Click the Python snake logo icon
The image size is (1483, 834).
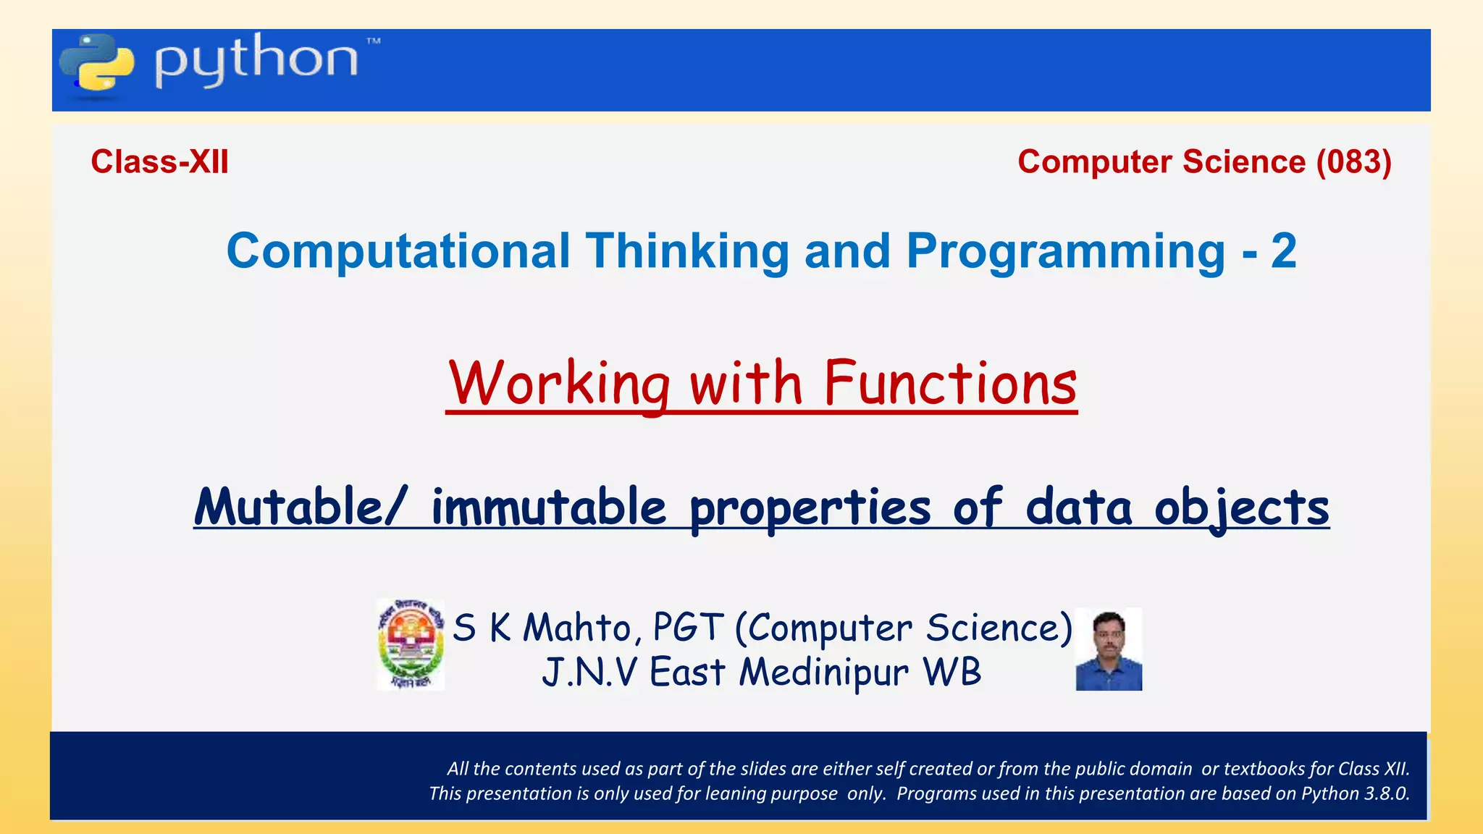coord(97,63)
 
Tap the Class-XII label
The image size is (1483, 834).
coord(159,161)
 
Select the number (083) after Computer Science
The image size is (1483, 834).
coord(1353,161)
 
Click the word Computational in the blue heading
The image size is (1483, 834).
coord(398,251)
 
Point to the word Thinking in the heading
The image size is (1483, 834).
coord(687,251)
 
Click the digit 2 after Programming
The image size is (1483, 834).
coord(1283,251)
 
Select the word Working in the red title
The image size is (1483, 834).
coord(559,384)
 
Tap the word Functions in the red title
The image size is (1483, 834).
coord(950,384)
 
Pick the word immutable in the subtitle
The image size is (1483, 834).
coord(548,507)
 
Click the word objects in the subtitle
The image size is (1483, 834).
coord(1241,507)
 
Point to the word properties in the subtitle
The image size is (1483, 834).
coord(810,507)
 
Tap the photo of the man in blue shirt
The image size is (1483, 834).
coord(1109,649)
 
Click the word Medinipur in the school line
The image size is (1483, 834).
coord(823,673)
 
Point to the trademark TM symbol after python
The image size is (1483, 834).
coord(373,41)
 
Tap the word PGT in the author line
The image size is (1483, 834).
coord(688,628)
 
